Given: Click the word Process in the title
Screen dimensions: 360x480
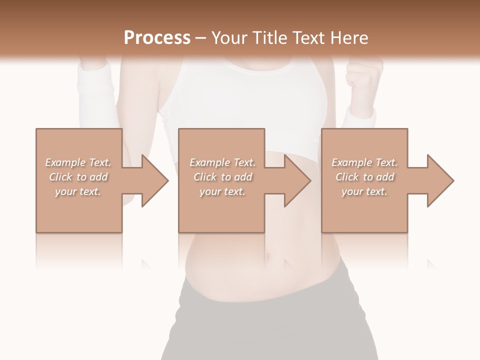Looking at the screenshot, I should pos(157,38).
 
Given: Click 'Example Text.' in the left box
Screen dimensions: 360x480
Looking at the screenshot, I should pos(78,162).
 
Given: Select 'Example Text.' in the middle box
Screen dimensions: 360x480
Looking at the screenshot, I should pos(222,162).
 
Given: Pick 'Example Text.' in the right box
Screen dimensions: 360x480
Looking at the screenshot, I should pos(364,162).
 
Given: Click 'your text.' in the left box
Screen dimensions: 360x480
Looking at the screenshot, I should pos(78,191).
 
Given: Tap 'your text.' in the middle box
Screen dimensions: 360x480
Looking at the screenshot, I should pos(222,191).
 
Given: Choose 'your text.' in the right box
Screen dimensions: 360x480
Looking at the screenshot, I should pos(364,191).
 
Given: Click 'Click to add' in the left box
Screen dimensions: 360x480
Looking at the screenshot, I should pos(78,177).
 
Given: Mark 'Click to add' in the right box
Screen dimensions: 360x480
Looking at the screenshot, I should pos(364,177).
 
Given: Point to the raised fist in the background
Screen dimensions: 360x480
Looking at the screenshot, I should pos(364,80).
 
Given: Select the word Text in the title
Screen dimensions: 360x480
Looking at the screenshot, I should pos(309,38).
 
